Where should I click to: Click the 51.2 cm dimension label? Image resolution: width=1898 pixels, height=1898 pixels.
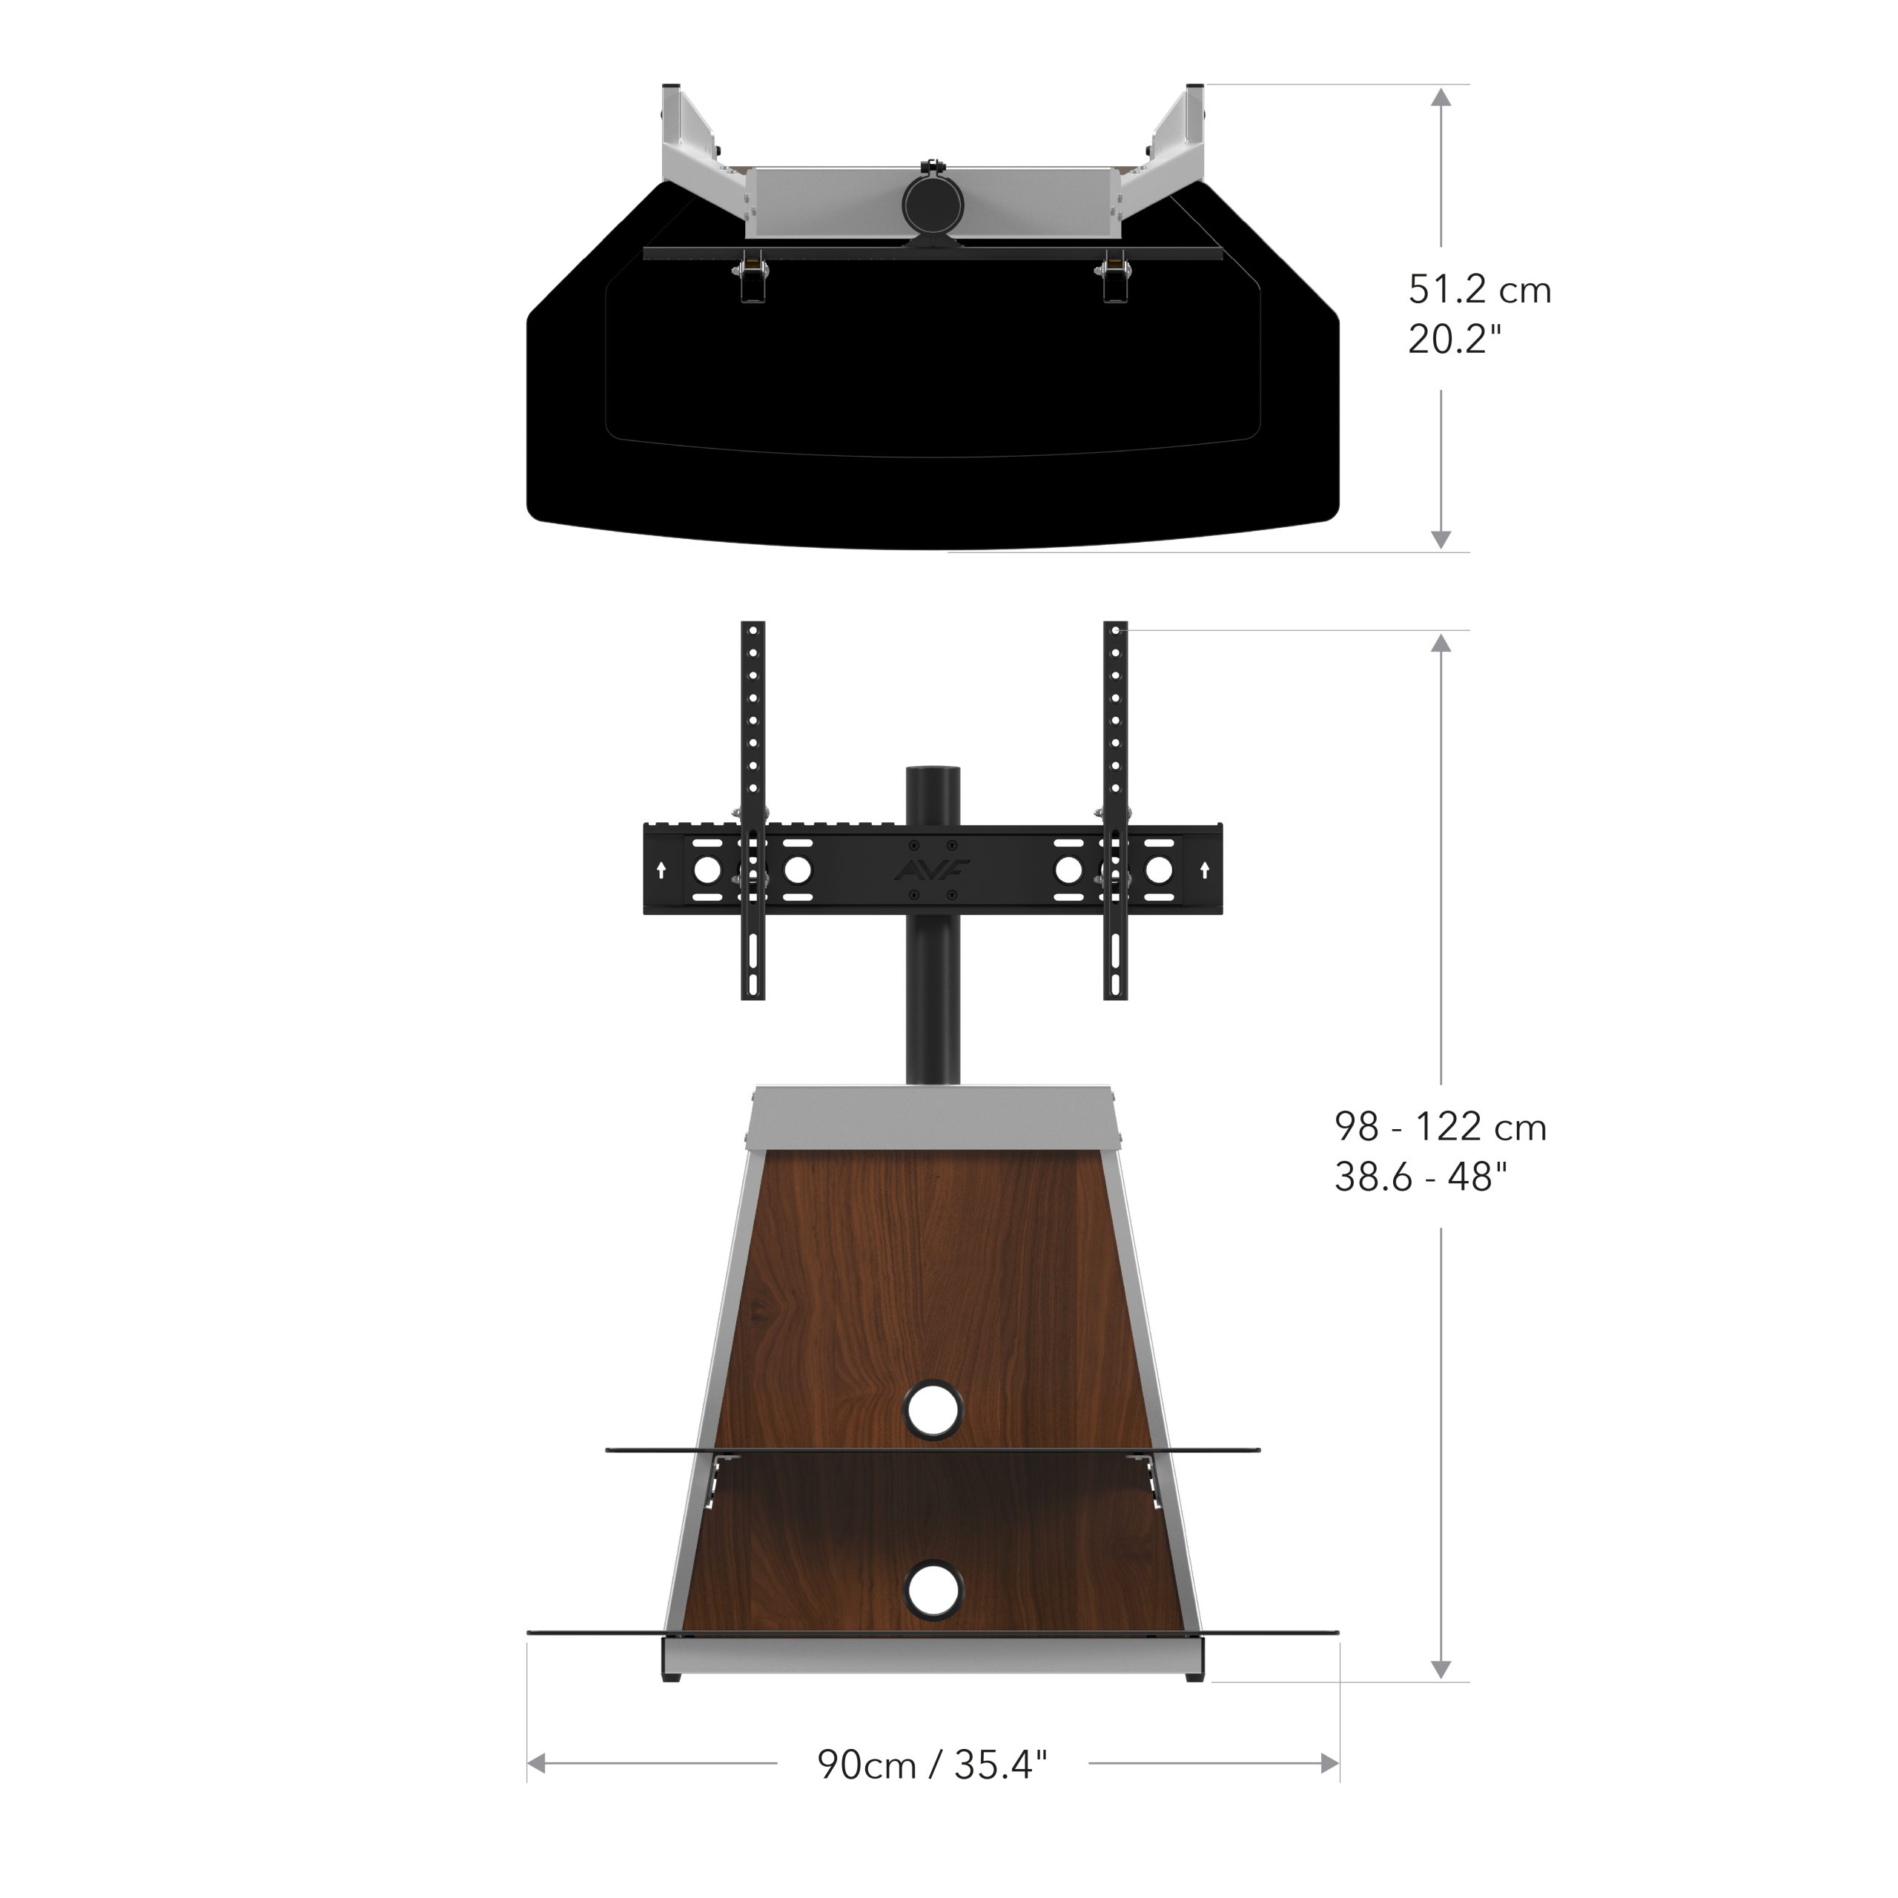(x=1480, y=290)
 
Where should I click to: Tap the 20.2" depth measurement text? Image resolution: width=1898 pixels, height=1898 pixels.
(x=1455, y=339)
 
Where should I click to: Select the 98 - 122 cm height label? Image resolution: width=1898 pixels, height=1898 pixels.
(x=1441, y=1127)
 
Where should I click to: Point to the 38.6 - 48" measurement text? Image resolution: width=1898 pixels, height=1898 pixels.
(x=1421, y=1176)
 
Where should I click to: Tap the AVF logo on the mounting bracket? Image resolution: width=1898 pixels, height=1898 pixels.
(x=932, y=870)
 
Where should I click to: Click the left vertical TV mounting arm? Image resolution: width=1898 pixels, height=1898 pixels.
(x=753, y=810)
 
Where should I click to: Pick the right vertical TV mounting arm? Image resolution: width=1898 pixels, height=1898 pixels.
(x=1115, y=810)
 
